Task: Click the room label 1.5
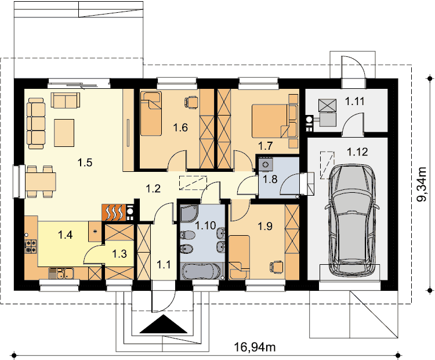pos(85,163)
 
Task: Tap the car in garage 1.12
pos(352,219)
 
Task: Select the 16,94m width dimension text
pos(255,347)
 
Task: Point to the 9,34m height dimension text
pos(422,185)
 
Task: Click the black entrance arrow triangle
pos(164,324)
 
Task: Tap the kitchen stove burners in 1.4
pos(31,246)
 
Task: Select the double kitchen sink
pos(61,273)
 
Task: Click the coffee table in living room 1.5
pos(64,133)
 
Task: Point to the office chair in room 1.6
pos(191,102)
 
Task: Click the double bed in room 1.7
pos(270,121)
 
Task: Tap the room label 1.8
pos(270,179)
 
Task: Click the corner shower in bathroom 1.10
pos(189,213)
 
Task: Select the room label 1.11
pos(354,102)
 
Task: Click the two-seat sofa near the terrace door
pos(66,100)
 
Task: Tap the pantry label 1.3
pos(119,254)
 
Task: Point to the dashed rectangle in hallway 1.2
pos(193,183)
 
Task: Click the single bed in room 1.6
pos(151,114)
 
